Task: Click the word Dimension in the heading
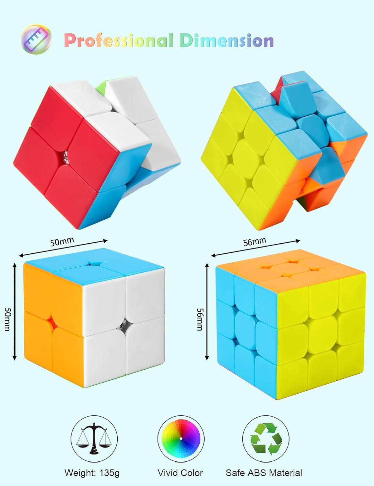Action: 227,41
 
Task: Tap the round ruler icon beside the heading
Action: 36,40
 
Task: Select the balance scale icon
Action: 94,439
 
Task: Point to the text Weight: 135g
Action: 92,473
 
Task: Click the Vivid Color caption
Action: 180,473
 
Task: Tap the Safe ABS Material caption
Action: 264,473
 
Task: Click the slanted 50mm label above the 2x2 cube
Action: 62,242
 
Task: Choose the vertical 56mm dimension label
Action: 200,319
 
